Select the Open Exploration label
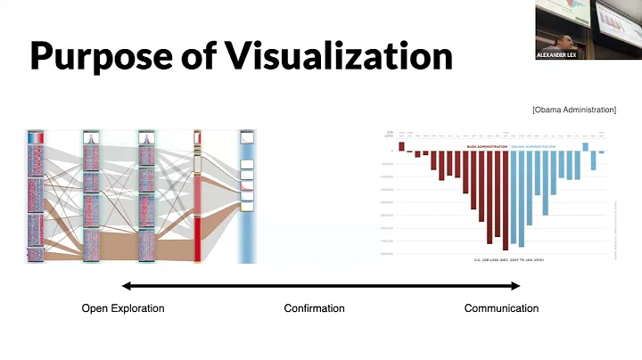(x=123, y=308)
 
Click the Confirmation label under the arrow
(x=314, y=308)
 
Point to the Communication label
(x=501, y=308)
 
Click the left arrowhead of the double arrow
(x=126, y=286)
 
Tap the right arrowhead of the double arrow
(x=514, y=286)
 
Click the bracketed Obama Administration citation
(x=573, y=110)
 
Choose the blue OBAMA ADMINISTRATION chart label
(x=537, y=146)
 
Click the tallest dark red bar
(x=506, y=200)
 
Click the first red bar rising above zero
(x=401, y=146)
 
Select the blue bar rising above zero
(x=586, y=146)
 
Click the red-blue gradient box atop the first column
(x=36, y=138)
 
